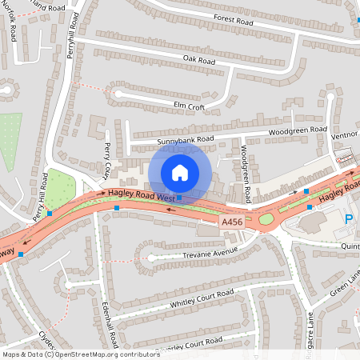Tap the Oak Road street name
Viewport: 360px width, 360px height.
point(199,59)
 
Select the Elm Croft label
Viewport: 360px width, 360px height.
point(190,103)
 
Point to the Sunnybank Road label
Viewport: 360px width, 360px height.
point(186,140)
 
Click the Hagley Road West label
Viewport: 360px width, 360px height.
point(142,195)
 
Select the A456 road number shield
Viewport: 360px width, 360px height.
point(231,221)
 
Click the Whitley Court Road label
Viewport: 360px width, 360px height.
point(202,300)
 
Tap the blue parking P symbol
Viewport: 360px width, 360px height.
point(349,219)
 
